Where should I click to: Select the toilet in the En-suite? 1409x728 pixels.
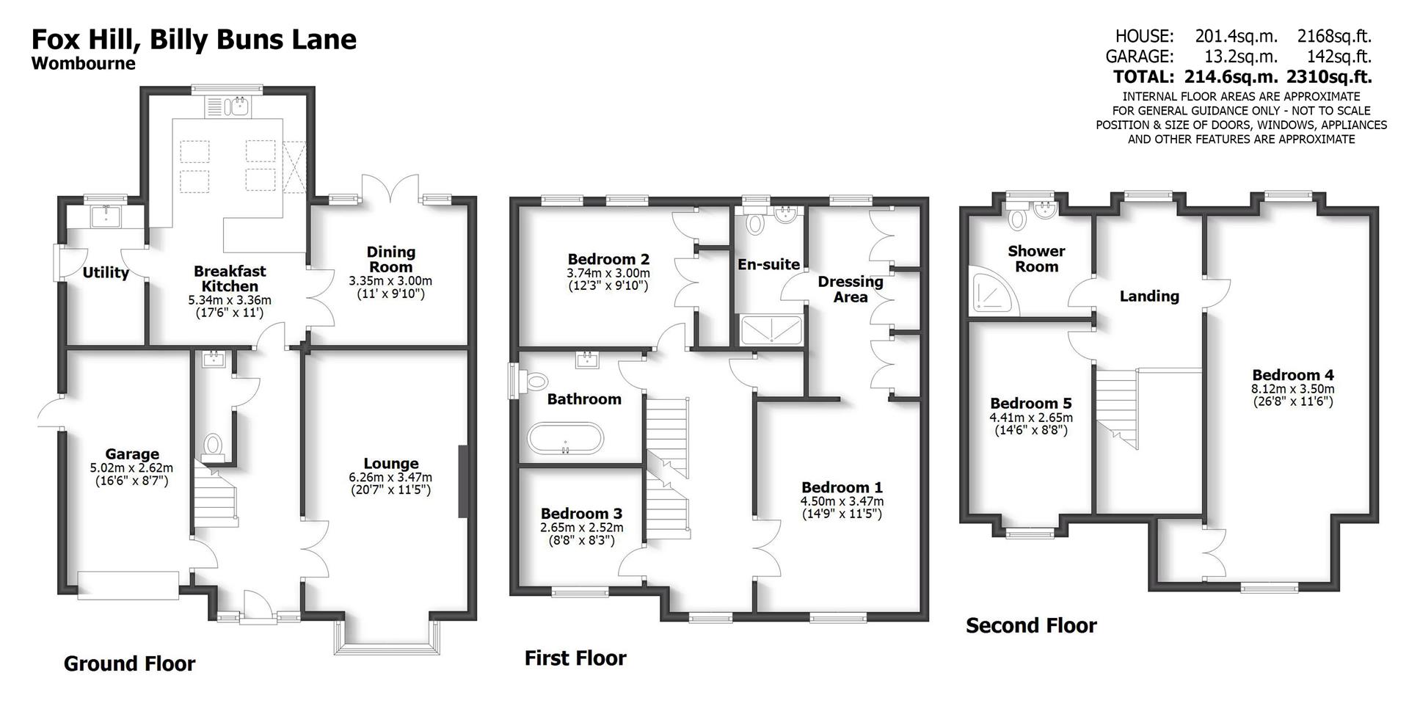click(754, 222)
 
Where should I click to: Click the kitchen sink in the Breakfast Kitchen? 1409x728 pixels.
click(239, 108)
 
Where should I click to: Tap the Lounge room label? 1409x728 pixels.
click(390, 464)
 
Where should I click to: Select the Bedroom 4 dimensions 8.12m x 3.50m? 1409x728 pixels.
click(1292, 389)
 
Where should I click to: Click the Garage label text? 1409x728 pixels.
click(131, 454)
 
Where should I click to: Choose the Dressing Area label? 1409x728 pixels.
click(850, 289)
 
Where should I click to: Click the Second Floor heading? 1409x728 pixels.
click(1030, 625)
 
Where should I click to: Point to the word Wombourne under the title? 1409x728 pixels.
click(83, 64)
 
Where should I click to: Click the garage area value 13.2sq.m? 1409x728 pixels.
click(1239, 57)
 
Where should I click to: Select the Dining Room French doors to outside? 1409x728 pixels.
click(390, 190)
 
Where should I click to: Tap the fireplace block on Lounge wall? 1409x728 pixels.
click(462, 481)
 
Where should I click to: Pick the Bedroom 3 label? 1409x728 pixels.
click(580, 514)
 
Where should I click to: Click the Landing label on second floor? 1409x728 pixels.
click(1148, 296)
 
